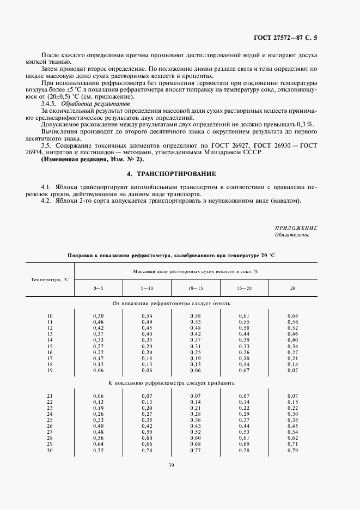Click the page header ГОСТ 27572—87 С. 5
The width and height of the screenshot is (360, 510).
[x=285, y=38]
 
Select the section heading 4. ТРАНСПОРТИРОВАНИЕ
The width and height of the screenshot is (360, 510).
[x=172, y=174]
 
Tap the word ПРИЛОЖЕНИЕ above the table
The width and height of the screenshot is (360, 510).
[x=296, y=228]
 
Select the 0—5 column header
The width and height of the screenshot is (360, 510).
[x=98, y=287]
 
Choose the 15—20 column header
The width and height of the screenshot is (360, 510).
[x=244, y=287]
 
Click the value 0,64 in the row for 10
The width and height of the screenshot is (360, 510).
[x=292, y=315]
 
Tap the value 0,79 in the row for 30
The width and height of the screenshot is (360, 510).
[x=292, y=451]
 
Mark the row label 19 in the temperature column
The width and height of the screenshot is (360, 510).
[x=50, y=370]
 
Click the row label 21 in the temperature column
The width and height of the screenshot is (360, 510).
[x=50, y=396]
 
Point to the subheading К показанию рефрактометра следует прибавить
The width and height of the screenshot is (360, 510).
[x=172, y=383]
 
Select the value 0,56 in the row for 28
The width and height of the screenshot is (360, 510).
[x=98, y=438]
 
